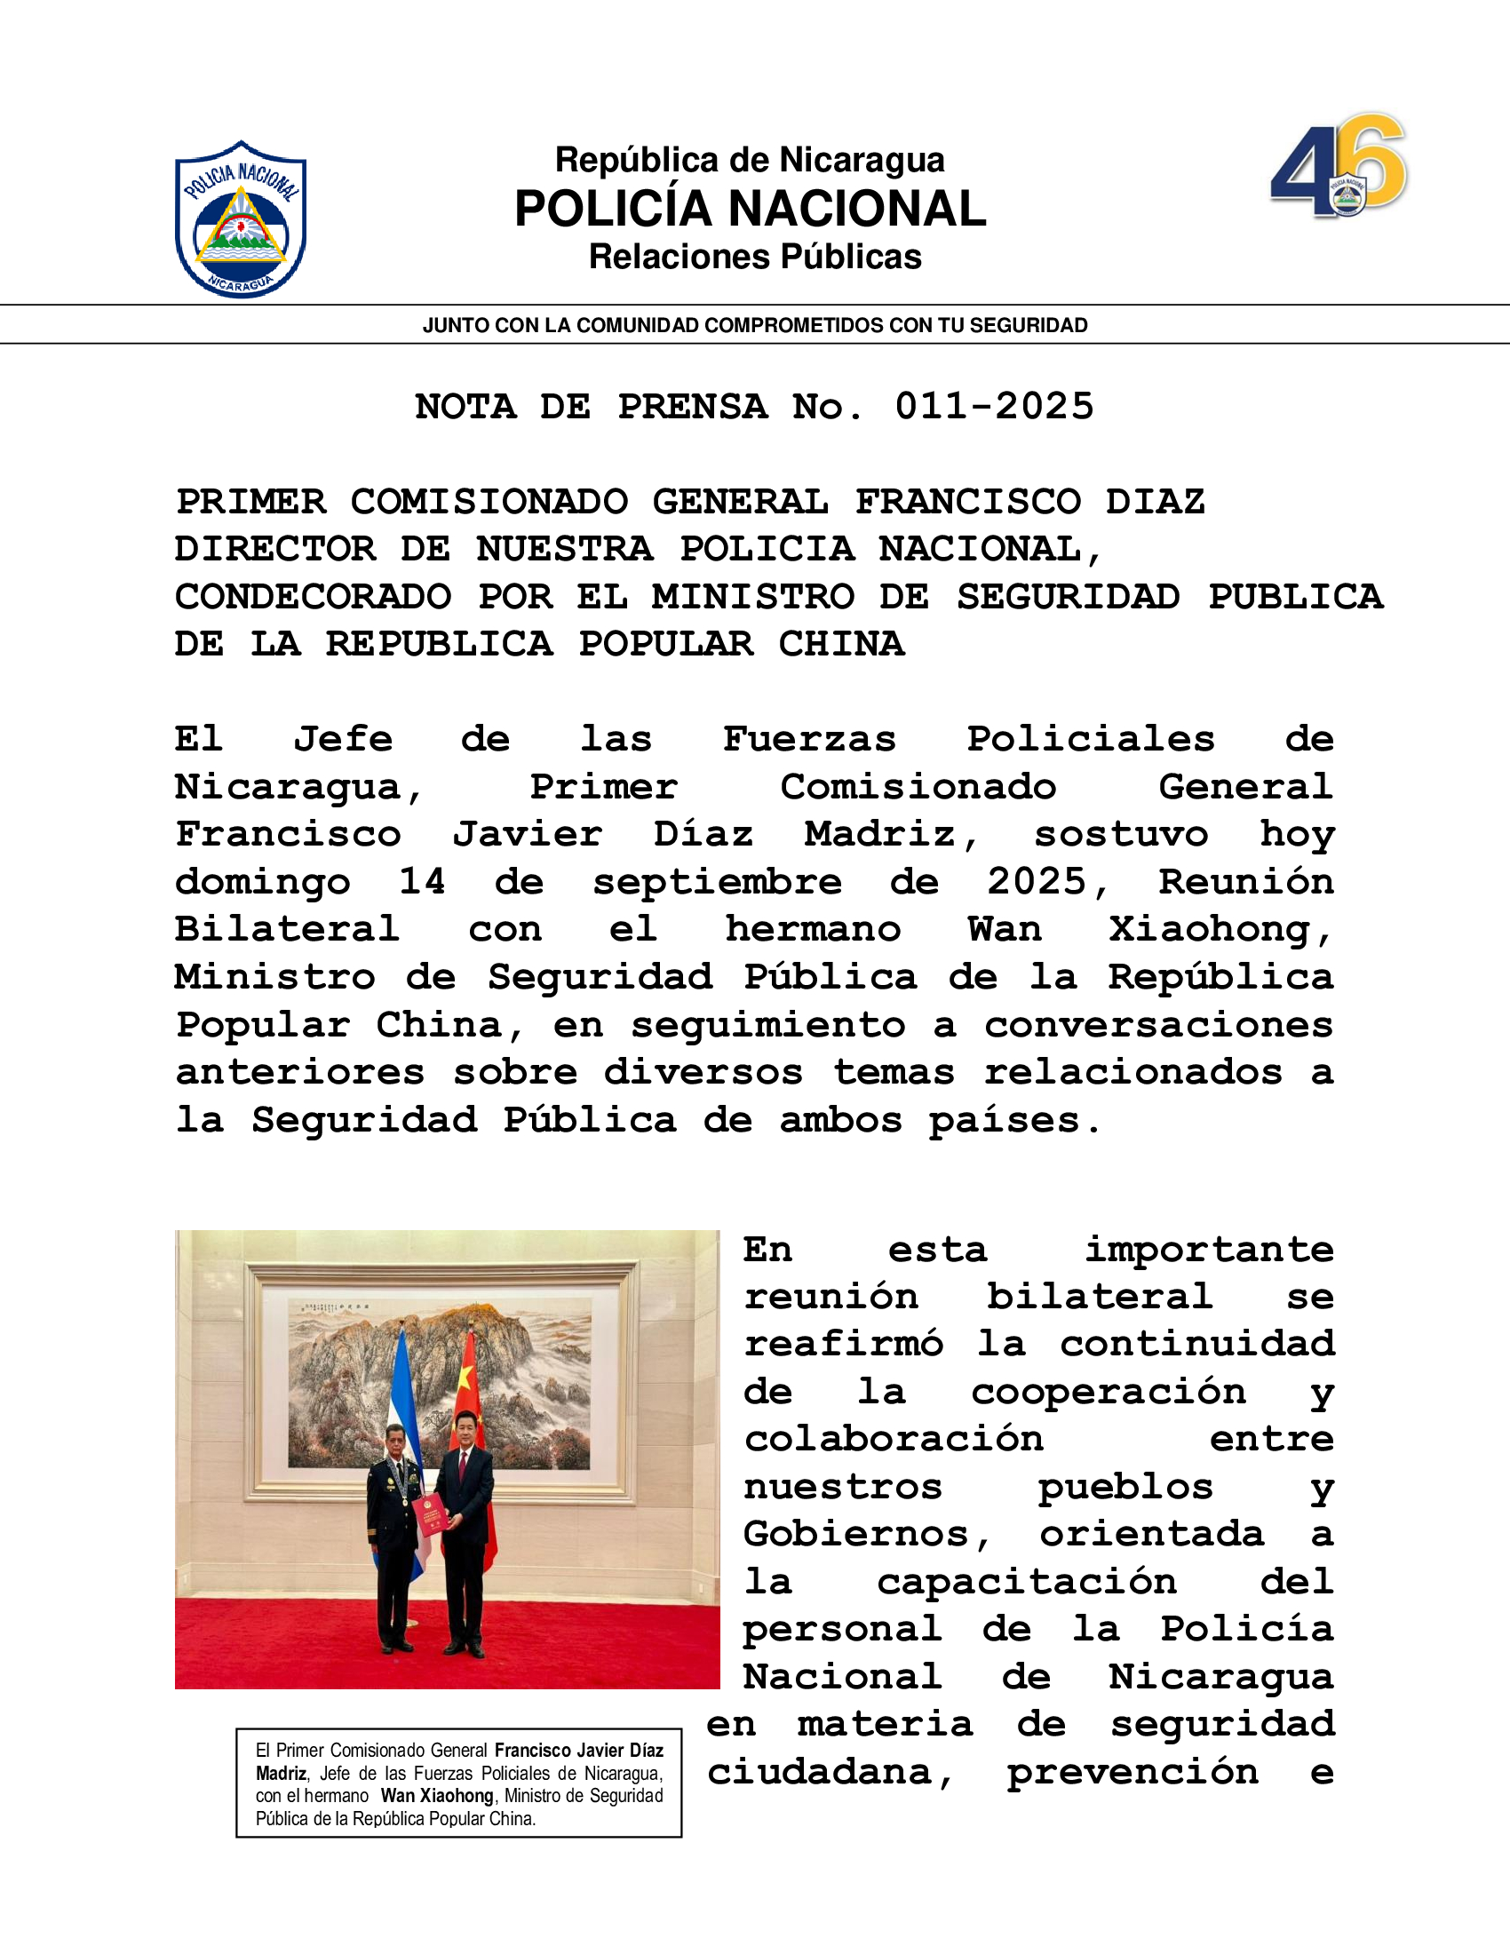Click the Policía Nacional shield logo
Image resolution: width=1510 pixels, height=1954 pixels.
[x=241, y=219]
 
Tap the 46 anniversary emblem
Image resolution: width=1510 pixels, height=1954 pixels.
[x=1339, y=166]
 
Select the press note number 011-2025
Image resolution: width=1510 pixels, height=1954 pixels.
[x=994, y=407]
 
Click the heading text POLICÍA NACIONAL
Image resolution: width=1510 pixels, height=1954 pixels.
[x=750, y=210]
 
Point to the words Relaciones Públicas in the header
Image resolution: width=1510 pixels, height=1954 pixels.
[x=754, y=258]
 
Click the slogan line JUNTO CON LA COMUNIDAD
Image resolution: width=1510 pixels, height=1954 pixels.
[x=754, y=326]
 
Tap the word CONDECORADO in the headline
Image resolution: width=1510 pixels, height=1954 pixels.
[x=313, y=597]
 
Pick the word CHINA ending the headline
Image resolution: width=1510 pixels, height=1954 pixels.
[x=841, y=644]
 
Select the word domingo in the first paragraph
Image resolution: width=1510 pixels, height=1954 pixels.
[x=262, y=883]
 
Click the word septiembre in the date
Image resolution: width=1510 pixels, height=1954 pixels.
[x=717, y=883]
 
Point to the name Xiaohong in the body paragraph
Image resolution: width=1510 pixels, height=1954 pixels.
[x=1220, y=930]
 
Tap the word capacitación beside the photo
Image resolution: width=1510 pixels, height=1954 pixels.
[x=1026, y=1582]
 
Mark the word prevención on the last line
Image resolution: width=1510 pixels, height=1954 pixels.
[x=1132, y=1773]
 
